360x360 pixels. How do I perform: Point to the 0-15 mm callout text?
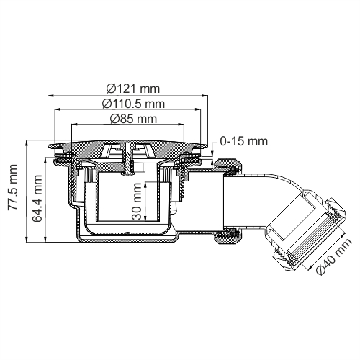(243, 142)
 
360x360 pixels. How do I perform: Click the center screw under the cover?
(127, 160)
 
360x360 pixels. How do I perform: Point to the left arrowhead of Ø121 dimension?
(50, 96)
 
